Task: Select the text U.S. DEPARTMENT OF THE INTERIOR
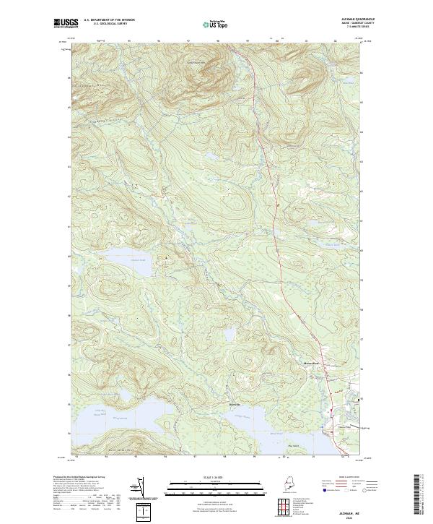(110, 20)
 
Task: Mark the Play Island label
(293, 447)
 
